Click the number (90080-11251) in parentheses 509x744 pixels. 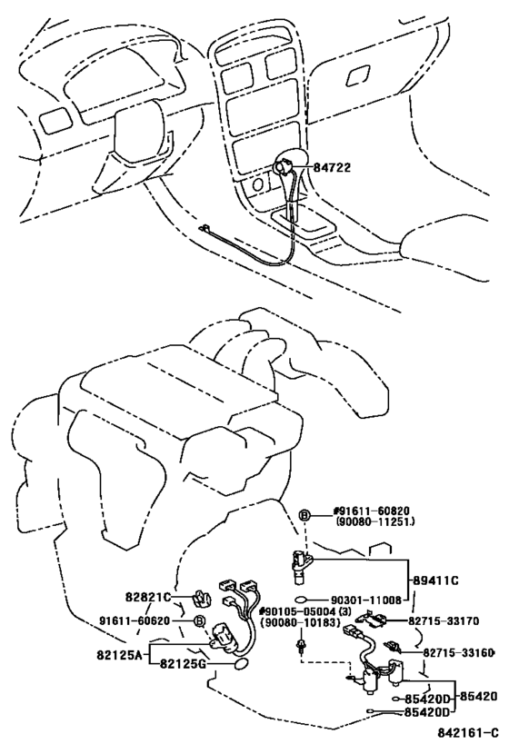click(363, 524)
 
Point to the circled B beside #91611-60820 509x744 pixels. click(305, 514)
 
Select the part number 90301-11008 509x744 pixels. click(366, 600)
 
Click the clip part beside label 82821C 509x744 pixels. click(202, 600)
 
